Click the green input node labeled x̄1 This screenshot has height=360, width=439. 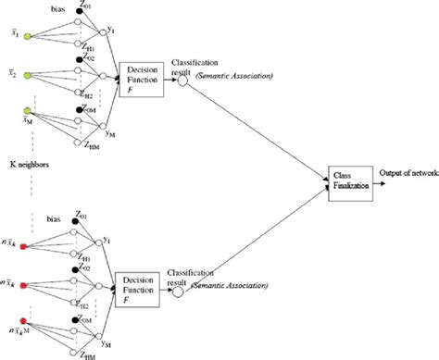30,38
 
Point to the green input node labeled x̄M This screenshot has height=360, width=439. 30,115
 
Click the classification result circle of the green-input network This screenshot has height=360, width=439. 182,81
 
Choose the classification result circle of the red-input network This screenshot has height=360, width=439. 178,291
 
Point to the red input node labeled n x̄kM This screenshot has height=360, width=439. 30,324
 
